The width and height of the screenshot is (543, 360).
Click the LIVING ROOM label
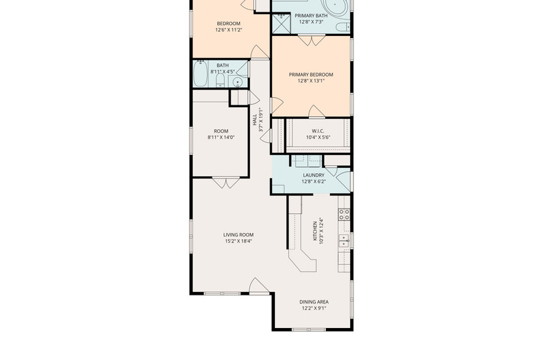click(x=238, y=234)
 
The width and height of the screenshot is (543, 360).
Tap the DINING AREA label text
click(x=314, y=302)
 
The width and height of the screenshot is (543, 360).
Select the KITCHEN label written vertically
click(x=315, y=231)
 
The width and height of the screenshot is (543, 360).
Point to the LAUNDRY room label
click(x=314, y=175)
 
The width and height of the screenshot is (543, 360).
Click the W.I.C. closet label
click(x=318, y=131)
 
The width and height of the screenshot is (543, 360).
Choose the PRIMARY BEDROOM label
click(x=311, y=75)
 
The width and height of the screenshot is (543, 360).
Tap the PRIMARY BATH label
click(x=311, y=16)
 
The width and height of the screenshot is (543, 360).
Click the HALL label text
click(x=255, y=120)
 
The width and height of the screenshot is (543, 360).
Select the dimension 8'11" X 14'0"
click(x=221, y=137)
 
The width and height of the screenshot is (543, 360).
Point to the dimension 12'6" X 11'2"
click(x=229, y=30)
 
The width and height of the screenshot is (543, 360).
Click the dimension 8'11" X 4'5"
click(x=223, y=72)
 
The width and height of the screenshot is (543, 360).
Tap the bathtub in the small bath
click(x=200, y=73)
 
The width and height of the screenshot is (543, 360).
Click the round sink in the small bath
click(x=238, y=82)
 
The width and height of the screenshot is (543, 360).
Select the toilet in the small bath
click(x=220, y=80)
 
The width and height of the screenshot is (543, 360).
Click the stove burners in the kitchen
click(x=344, y=215)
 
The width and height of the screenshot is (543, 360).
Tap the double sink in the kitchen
click(x=343, y=240)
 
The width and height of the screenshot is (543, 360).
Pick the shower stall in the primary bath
click(x=281, y=24)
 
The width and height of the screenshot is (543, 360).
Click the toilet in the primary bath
click(x=343, y=27)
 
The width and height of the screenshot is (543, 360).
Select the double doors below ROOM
click(x=226, y=183)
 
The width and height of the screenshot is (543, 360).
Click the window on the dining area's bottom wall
click(x=309, y=329)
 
